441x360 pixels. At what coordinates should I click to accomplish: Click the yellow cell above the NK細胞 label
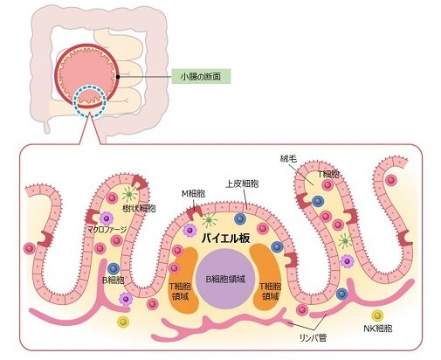point(377,315)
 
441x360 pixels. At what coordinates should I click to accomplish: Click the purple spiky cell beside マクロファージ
point(107,218)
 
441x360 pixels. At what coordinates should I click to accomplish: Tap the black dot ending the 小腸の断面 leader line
point(116,79)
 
